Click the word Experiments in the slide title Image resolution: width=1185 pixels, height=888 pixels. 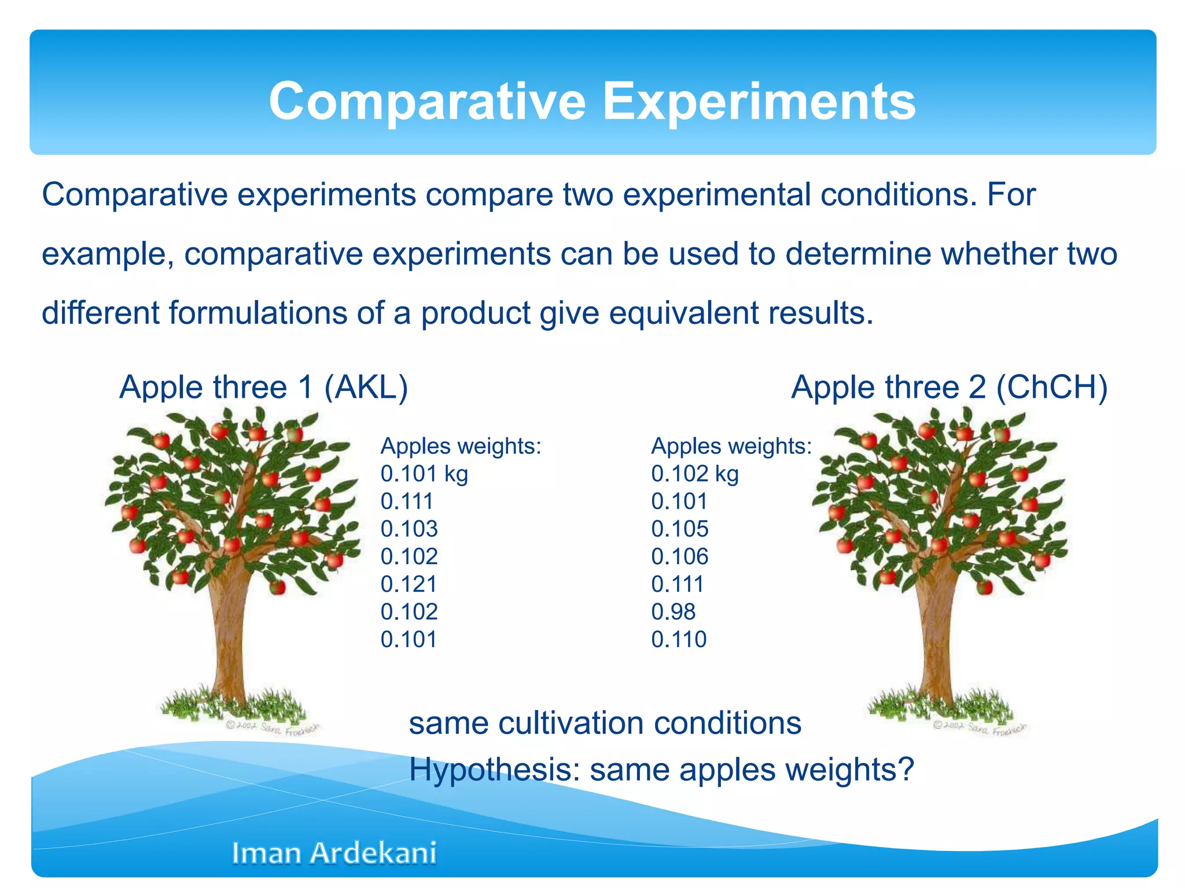click(759, 102)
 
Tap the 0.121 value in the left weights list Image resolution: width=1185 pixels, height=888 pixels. click(409, 584)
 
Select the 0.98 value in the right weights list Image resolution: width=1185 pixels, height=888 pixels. click(673, 612)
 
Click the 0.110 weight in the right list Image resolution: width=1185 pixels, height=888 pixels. click(679, 639)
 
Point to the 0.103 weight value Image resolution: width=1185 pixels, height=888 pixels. click(409, 528)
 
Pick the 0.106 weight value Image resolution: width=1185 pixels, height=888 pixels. click(679, 556)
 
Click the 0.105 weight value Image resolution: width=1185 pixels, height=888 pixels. click(679, 528)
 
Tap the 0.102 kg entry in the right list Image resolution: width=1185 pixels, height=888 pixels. click(694, 473)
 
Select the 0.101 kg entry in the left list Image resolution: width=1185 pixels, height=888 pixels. click(424, 473)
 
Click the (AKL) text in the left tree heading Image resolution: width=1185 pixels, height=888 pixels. click(366, 387)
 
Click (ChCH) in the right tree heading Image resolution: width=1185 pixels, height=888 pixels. click(1051, 387)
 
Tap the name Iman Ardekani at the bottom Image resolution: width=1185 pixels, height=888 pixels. click(334, 853)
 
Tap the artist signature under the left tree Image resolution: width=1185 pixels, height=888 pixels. click(272, 728)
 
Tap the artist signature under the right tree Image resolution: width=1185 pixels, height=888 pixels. click(979, 728)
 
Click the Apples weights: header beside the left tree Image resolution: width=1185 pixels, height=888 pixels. click(461, 446)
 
